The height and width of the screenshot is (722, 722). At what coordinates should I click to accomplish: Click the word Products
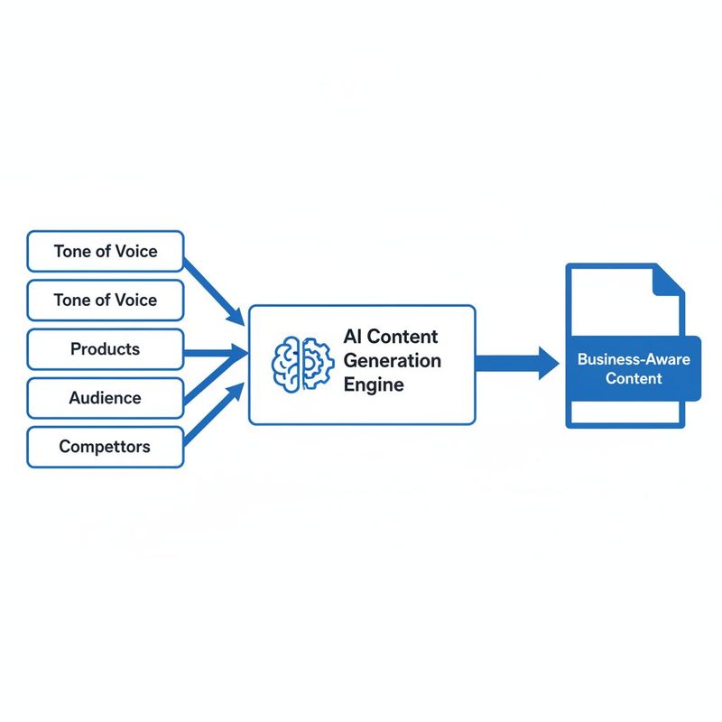coord(106,349)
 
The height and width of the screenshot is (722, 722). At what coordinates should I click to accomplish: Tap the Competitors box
coord(106,447)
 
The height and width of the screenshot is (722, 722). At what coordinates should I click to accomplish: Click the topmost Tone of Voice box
coord(106,251)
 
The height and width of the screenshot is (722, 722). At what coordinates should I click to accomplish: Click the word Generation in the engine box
coord(393,361)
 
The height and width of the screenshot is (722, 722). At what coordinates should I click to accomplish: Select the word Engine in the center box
coord(374,384)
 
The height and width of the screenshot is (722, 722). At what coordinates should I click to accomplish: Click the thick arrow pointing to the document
coord(514,363)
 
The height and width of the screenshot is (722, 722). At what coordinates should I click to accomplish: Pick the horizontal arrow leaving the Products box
coord(215,352)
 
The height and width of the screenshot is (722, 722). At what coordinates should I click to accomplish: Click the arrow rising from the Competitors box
coord(215,414)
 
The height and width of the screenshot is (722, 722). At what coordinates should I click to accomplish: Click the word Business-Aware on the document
coord(634,359)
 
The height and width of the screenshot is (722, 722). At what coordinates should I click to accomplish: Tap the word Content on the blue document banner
coord(634,378)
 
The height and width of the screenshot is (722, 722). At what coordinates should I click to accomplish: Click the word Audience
coord(106,398)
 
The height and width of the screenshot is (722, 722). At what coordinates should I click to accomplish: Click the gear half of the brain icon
coord(313,365)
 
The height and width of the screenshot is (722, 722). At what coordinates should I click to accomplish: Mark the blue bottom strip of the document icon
coord(625,421)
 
